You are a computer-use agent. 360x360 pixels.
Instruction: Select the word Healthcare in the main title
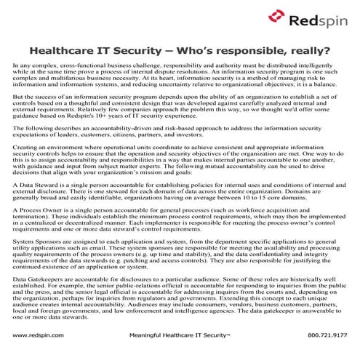pyautogui.click(x=66, y=51)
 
